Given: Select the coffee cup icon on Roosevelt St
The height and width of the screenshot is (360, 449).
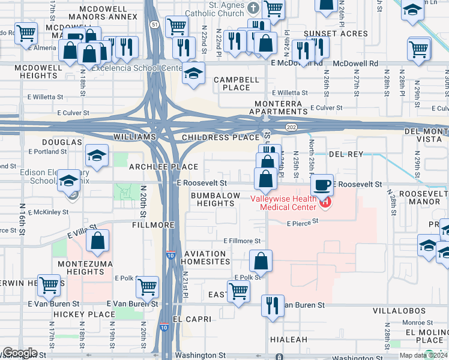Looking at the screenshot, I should click(322, 184).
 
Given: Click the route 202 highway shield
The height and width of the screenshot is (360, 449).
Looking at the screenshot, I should click(291, 127).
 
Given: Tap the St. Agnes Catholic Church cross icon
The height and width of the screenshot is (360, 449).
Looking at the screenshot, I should click(253, 8).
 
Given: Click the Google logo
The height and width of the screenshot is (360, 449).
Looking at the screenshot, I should click(19, 353).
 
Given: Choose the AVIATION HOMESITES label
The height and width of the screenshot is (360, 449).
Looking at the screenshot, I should click(206, 257).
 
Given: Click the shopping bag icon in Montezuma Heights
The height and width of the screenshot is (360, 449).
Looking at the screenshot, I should click(97, 241).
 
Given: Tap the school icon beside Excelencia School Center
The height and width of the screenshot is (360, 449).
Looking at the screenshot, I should click(193, 73).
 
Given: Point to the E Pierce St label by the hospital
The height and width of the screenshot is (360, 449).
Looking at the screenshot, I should click(301, 223).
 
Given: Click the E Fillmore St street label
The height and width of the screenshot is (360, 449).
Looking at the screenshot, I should click(242, 241).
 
